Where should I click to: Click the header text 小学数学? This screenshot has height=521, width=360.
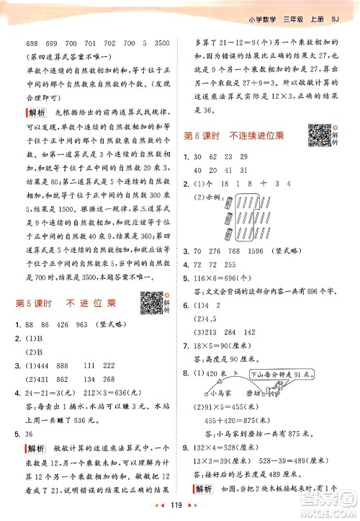(x=263, y=9)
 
